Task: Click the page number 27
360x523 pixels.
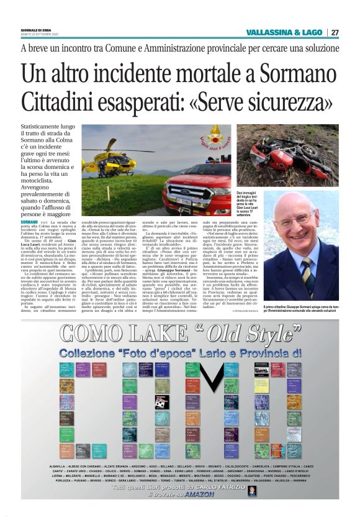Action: (335, 32)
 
